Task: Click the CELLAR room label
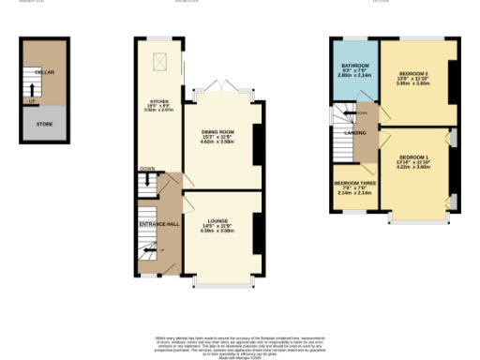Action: [x=43, y=72]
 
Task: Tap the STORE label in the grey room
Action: [x=44, y=122]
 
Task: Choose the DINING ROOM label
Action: [x=217, y=134]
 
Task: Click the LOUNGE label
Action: [x=217, y=222]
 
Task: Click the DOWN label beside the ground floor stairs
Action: [x=147, y=170]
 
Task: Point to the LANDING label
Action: [x=355, y=133]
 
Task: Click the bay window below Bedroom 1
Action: [x=418, y=220]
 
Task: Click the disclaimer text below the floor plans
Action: [x=241, y=342]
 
